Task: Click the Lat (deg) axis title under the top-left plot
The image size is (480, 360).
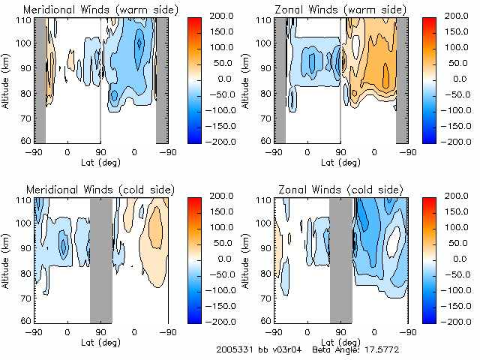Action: click(x=100, y=161)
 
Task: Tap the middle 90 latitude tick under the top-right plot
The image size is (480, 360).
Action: click(x=340, y=152)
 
